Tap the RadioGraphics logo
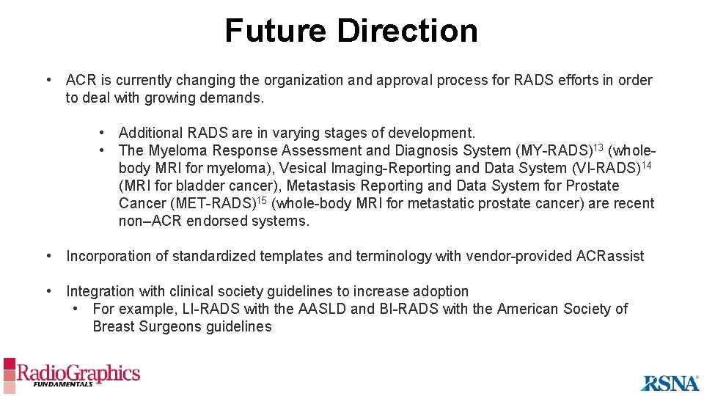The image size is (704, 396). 72,374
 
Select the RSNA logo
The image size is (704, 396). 670,382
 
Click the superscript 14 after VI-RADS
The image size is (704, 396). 646,164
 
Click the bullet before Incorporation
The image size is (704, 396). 48,256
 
